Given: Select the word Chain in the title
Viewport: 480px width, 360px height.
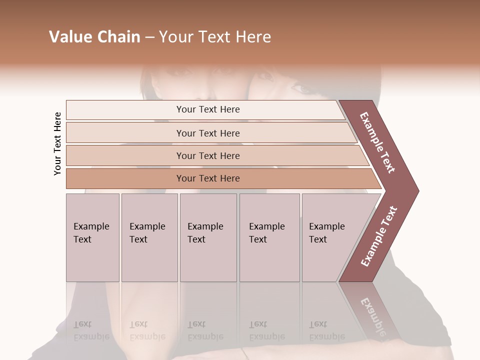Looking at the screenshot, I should click(119, 37).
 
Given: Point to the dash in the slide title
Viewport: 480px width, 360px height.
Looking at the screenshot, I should click(149, 37).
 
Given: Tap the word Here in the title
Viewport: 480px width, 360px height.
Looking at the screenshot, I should click(253, 37).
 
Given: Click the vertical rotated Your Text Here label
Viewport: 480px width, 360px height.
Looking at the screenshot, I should click(57, 144).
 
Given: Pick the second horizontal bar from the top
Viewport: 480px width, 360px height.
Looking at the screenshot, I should click(207, 133).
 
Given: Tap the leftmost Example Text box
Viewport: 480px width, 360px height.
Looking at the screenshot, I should click(92, 237).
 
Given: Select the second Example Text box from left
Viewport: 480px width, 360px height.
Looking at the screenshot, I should click(149, 237).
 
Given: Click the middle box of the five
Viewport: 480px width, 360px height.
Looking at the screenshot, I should click(208, 237).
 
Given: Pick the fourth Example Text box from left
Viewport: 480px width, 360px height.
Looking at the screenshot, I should click(269, 237).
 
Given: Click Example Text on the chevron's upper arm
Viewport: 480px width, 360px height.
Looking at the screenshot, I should click(377, 143).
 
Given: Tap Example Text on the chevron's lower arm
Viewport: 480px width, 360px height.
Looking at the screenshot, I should click(379, 236).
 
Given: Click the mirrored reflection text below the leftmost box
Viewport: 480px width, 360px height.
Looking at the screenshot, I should click(91, 330).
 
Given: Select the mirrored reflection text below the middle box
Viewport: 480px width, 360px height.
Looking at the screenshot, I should click(205, 330).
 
